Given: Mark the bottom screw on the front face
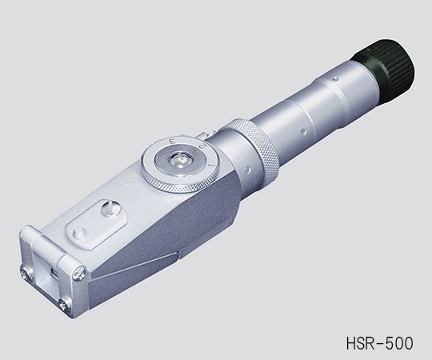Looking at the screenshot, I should click(63, 303).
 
